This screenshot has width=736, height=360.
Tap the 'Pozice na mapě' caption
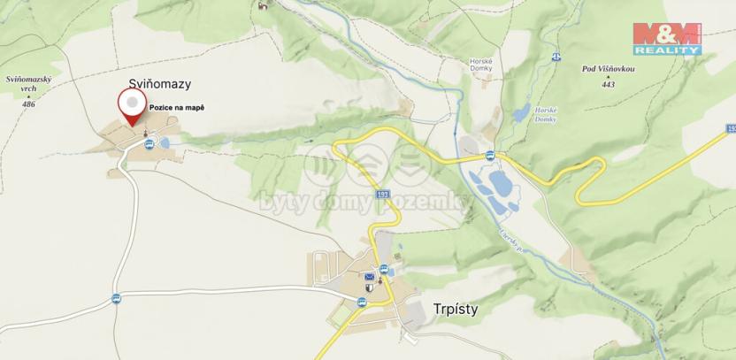click(x=176, y=107)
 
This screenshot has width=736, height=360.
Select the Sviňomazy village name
click(x=160, y=85)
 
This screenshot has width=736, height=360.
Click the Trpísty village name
click(x=456, y=310)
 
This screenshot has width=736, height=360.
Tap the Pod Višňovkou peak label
click(x=606, y=68)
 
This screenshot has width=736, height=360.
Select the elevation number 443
click(x=607, y=84)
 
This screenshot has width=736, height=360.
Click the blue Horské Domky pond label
click(x=545, y=113)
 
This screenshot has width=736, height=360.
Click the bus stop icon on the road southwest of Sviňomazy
click(x=116, y=298)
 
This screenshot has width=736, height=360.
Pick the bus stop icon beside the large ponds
click(x=488, y=156)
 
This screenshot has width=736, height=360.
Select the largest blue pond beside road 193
click(x=500, y=186)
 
